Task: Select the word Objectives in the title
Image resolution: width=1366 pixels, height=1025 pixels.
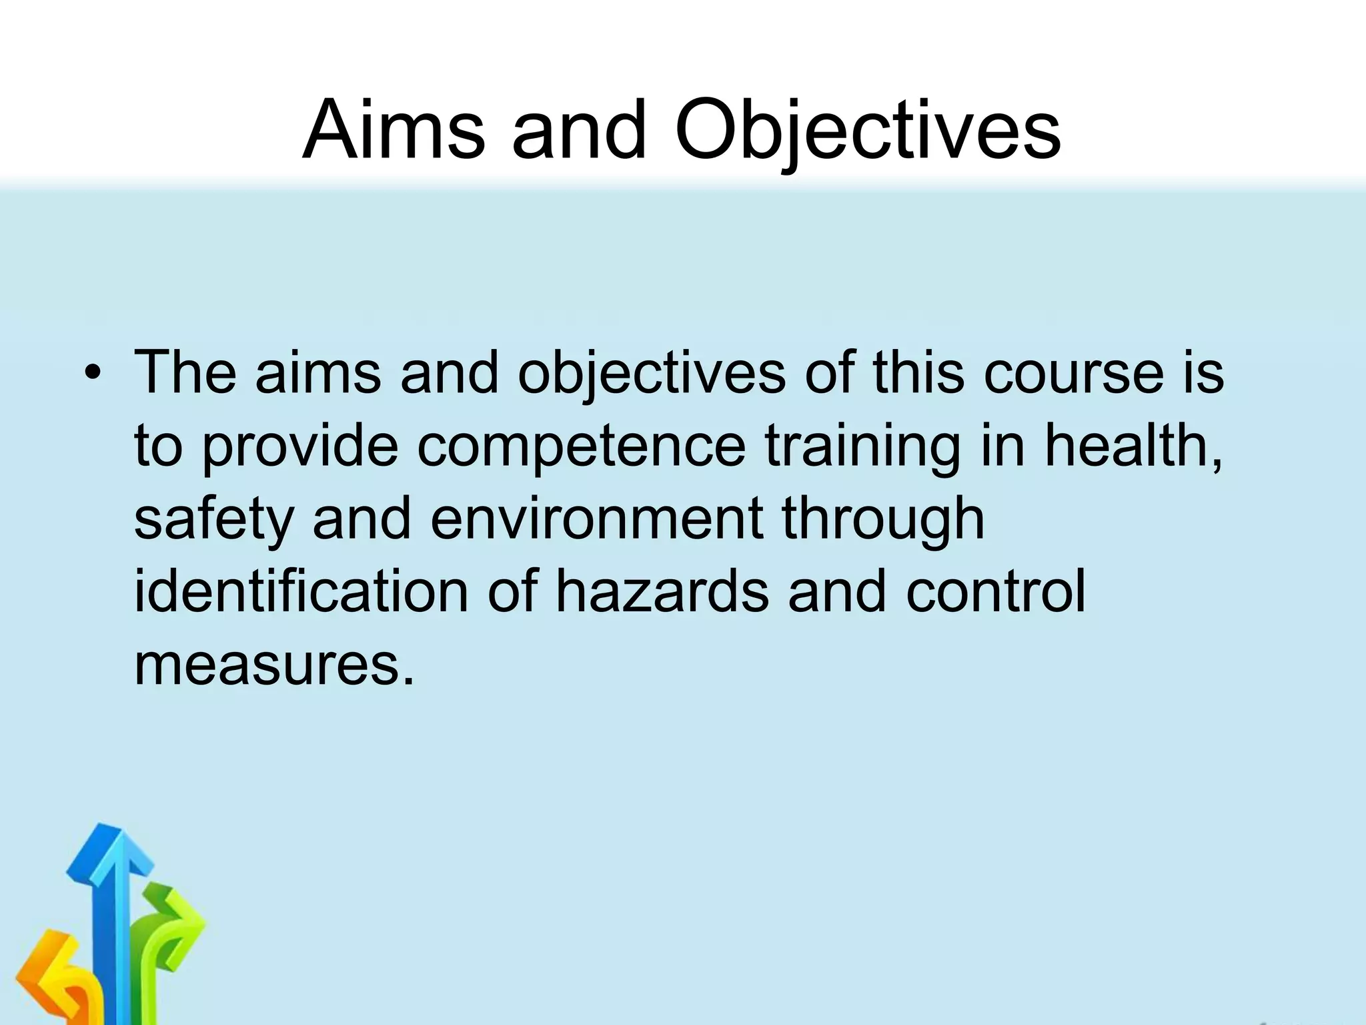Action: click(x=867, y=130)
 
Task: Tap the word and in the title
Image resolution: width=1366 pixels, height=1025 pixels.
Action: click(x=579, y=130)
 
